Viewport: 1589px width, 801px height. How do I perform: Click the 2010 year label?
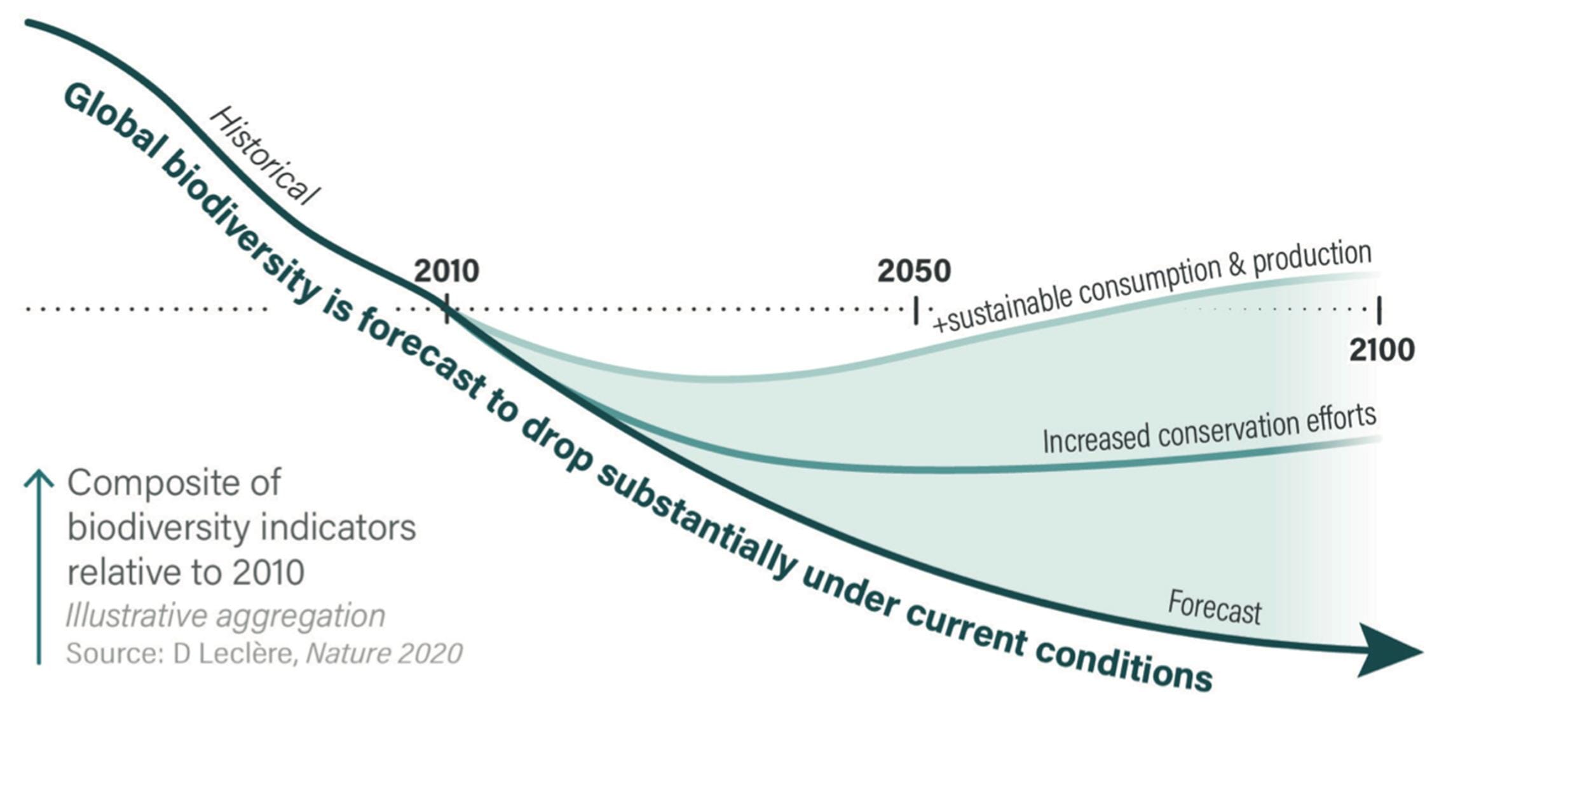[x=446, y=271]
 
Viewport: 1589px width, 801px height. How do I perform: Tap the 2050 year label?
[x=914, y=271]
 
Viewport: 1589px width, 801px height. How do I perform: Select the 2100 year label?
[x=1382, y=350]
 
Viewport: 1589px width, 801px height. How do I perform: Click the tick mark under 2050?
[x=916, y=310]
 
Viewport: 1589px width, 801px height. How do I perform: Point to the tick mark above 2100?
[x=1379, y=310]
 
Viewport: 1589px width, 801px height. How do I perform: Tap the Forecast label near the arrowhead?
[x=1214, y=608]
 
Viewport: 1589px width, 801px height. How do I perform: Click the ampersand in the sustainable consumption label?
[x=1236, y=266]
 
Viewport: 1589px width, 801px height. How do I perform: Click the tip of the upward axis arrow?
[x=39, y=472]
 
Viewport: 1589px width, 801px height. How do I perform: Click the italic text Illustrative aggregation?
[x=226, y=616]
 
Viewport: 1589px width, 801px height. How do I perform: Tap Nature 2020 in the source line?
[x=384, y=654]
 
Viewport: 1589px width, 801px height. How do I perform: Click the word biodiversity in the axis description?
[x=158, y=528]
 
